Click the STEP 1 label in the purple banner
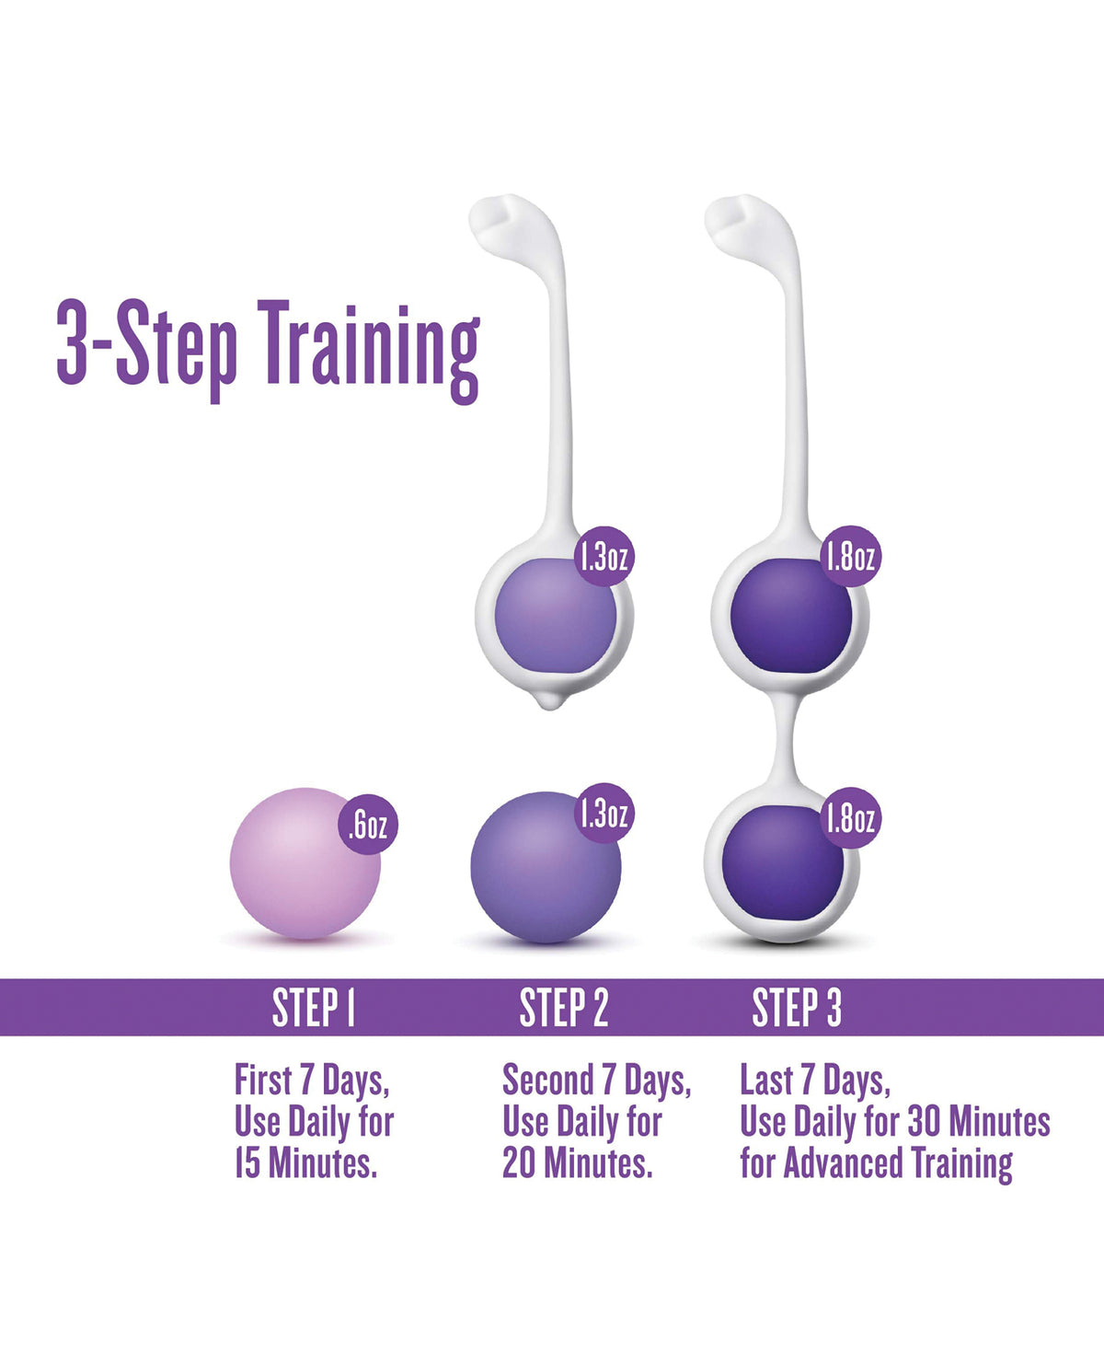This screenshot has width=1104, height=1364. [314, 1008]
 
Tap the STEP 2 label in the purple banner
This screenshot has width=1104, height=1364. [564, 1008]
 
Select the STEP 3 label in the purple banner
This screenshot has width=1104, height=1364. [797, 1008]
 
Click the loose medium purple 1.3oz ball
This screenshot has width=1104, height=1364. [543, 870]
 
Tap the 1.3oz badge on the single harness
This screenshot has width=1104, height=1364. [604, 556]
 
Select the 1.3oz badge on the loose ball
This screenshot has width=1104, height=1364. [604, 813]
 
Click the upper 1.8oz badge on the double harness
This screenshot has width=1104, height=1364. [851, 556]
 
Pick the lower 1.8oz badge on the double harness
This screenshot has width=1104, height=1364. [851, 817]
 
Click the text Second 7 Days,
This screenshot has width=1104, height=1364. [596, 1081]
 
